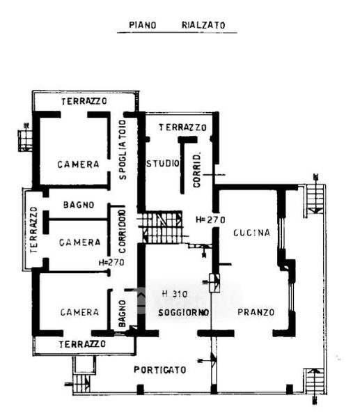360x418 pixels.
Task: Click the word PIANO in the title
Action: pos(143,25)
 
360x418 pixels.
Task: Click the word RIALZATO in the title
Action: pos(203,25)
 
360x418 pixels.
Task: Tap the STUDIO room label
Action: pos(163,164)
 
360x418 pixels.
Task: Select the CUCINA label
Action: pos(251,233)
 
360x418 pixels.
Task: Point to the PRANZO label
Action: pos(256,312)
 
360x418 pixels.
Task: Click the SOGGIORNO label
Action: pos(184,312)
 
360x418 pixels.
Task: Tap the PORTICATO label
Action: pos(160,369)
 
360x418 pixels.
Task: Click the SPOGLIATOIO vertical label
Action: pos(123,150)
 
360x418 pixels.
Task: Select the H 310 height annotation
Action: pos(175,294)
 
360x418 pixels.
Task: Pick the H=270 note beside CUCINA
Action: pos(210,219)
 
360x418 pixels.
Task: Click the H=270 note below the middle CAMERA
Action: pos(111,263)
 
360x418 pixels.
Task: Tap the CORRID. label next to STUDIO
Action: pos(196,170)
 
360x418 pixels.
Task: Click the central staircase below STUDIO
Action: pos(163,227)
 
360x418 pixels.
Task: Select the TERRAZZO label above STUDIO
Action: pos(182,127)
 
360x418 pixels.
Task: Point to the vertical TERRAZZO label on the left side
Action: pos(33,230)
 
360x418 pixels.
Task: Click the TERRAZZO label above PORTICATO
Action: pos(82,344)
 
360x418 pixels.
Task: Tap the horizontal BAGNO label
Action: pos(79,205)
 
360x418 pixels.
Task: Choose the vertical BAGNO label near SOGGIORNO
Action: pos(122,313)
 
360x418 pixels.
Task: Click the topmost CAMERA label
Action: pos(79,164)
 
